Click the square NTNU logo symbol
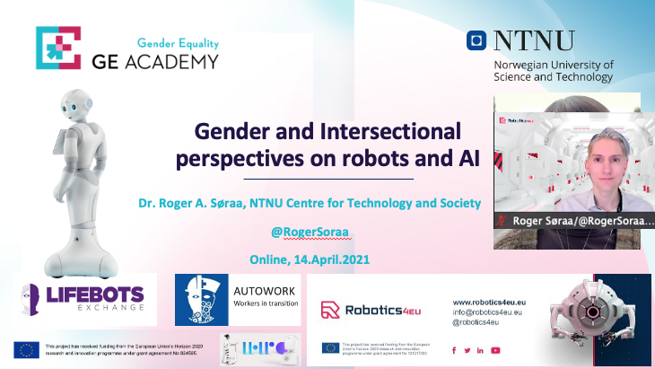pos(476,40)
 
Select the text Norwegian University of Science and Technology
pos(554,71)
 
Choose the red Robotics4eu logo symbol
pos(330,311)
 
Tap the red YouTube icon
pos(495,350)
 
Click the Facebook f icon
pos(454,350)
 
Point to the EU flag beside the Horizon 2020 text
pos(25,349)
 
